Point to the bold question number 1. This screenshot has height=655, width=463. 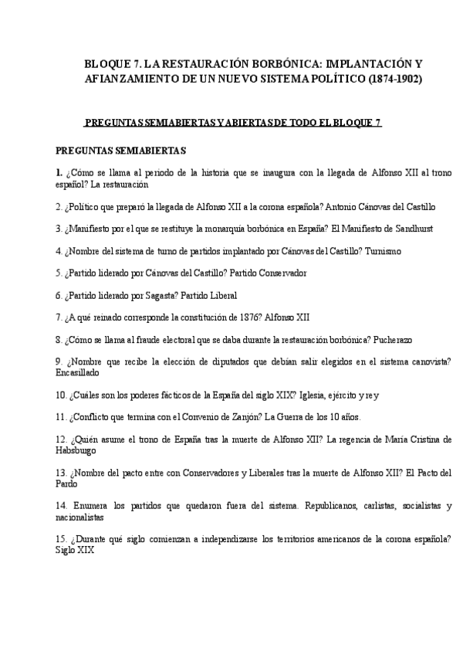coord(59,172)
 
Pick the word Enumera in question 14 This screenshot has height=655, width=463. coord(91,505)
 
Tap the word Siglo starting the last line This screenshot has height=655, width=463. coord(67,551)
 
